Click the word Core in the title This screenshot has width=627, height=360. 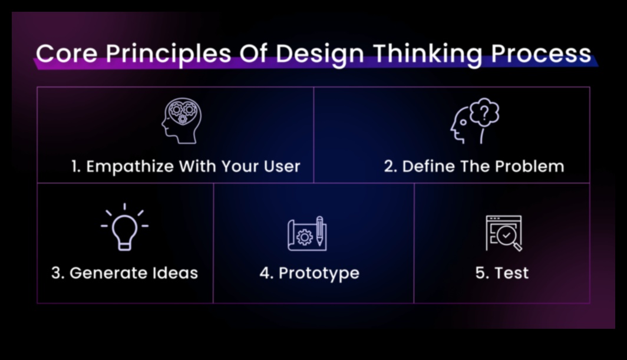click(67, 53)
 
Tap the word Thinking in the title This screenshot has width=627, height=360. click(427, 55)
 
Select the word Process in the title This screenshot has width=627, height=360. click(540, 53)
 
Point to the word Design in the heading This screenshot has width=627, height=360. click(319, 55)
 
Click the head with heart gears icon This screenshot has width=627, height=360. click(181, 121)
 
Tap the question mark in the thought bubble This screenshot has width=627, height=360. click(484, 113)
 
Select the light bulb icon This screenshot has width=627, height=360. click(125, 227)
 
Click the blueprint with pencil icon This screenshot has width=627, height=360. click(307, 234)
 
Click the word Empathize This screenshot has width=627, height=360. click(130, 166)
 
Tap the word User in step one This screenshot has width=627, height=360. click(282, 166)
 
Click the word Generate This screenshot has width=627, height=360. click(104, 273)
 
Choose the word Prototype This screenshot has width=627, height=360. click(319, 273)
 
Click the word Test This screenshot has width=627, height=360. click(512, 273)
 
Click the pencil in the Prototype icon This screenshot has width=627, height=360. click(319, 231)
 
